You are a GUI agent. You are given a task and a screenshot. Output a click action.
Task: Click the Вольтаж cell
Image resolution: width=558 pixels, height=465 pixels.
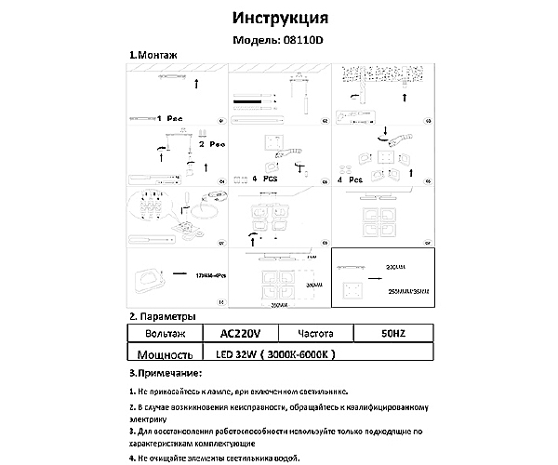[x=166, y=333]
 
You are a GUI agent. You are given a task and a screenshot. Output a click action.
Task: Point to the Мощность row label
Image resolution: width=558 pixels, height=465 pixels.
[x=164, y=354]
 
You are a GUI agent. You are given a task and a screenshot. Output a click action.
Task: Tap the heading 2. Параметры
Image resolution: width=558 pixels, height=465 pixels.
[x=163, y=316]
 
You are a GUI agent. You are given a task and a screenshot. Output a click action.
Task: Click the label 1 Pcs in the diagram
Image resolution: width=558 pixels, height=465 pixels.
[x=171, y=119]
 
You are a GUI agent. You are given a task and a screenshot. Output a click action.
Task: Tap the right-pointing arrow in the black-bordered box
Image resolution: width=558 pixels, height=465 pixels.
[x=375, y=278]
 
